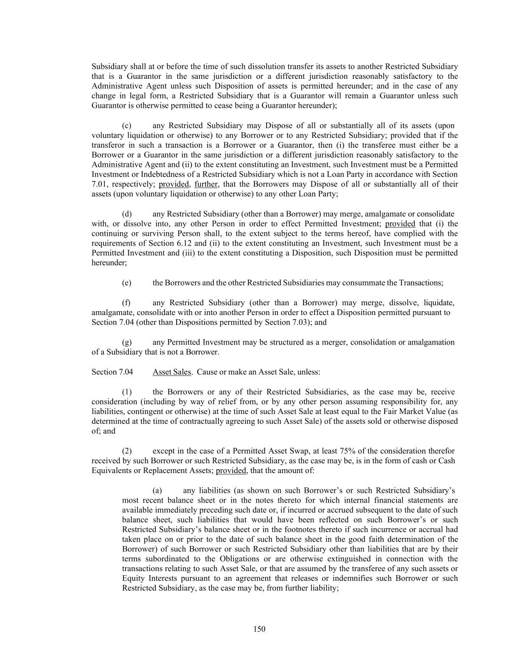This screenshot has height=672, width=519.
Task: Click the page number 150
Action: point(259,629)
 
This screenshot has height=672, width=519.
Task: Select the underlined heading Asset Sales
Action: point(171,372)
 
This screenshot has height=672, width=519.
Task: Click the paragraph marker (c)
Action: point(126,126)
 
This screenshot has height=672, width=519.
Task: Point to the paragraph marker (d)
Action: point(126,214)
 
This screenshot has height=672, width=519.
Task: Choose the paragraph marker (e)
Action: point(126,283)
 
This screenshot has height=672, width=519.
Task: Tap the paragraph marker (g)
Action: point(126,342)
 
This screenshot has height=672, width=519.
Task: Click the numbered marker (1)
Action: point(126,392)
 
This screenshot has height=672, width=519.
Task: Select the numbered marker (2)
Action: point(126,451)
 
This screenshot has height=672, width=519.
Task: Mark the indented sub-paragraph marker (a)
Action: point(157,490)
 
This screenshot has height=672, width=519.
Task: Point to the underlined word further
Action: point(206,185)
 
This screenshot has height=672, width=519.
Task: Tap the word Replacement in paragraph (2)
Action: point(162,471)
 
